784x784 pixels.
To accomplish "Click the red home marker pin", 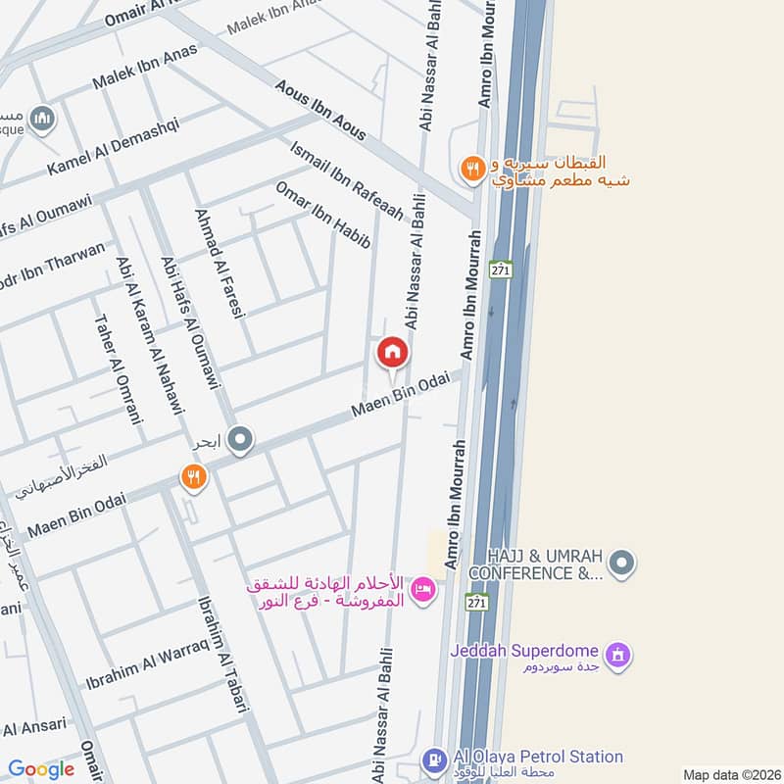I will click(x=392, y=353).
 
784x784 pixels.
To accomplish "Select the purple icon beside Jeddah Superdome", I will click(x=616, y=652).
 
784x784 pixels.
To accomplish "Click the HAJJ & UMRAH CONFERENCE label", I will click(x=537, y=563).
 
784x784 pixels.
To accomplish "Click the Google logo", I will click(x=41, y=770).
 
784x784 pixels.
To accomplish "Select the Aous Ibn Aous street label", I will click(x=321, y=109).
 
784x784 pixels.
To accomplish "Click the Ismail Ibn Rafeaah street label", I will click(x=346, y=178).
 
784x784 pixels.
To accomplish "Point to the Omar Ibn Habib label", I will click(x=322, y=214).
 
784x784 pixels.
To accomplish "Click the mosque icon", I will click(x=41, y=120).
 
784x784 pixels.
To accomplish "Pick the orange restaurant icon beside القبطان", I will click(x=472, y=169).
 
